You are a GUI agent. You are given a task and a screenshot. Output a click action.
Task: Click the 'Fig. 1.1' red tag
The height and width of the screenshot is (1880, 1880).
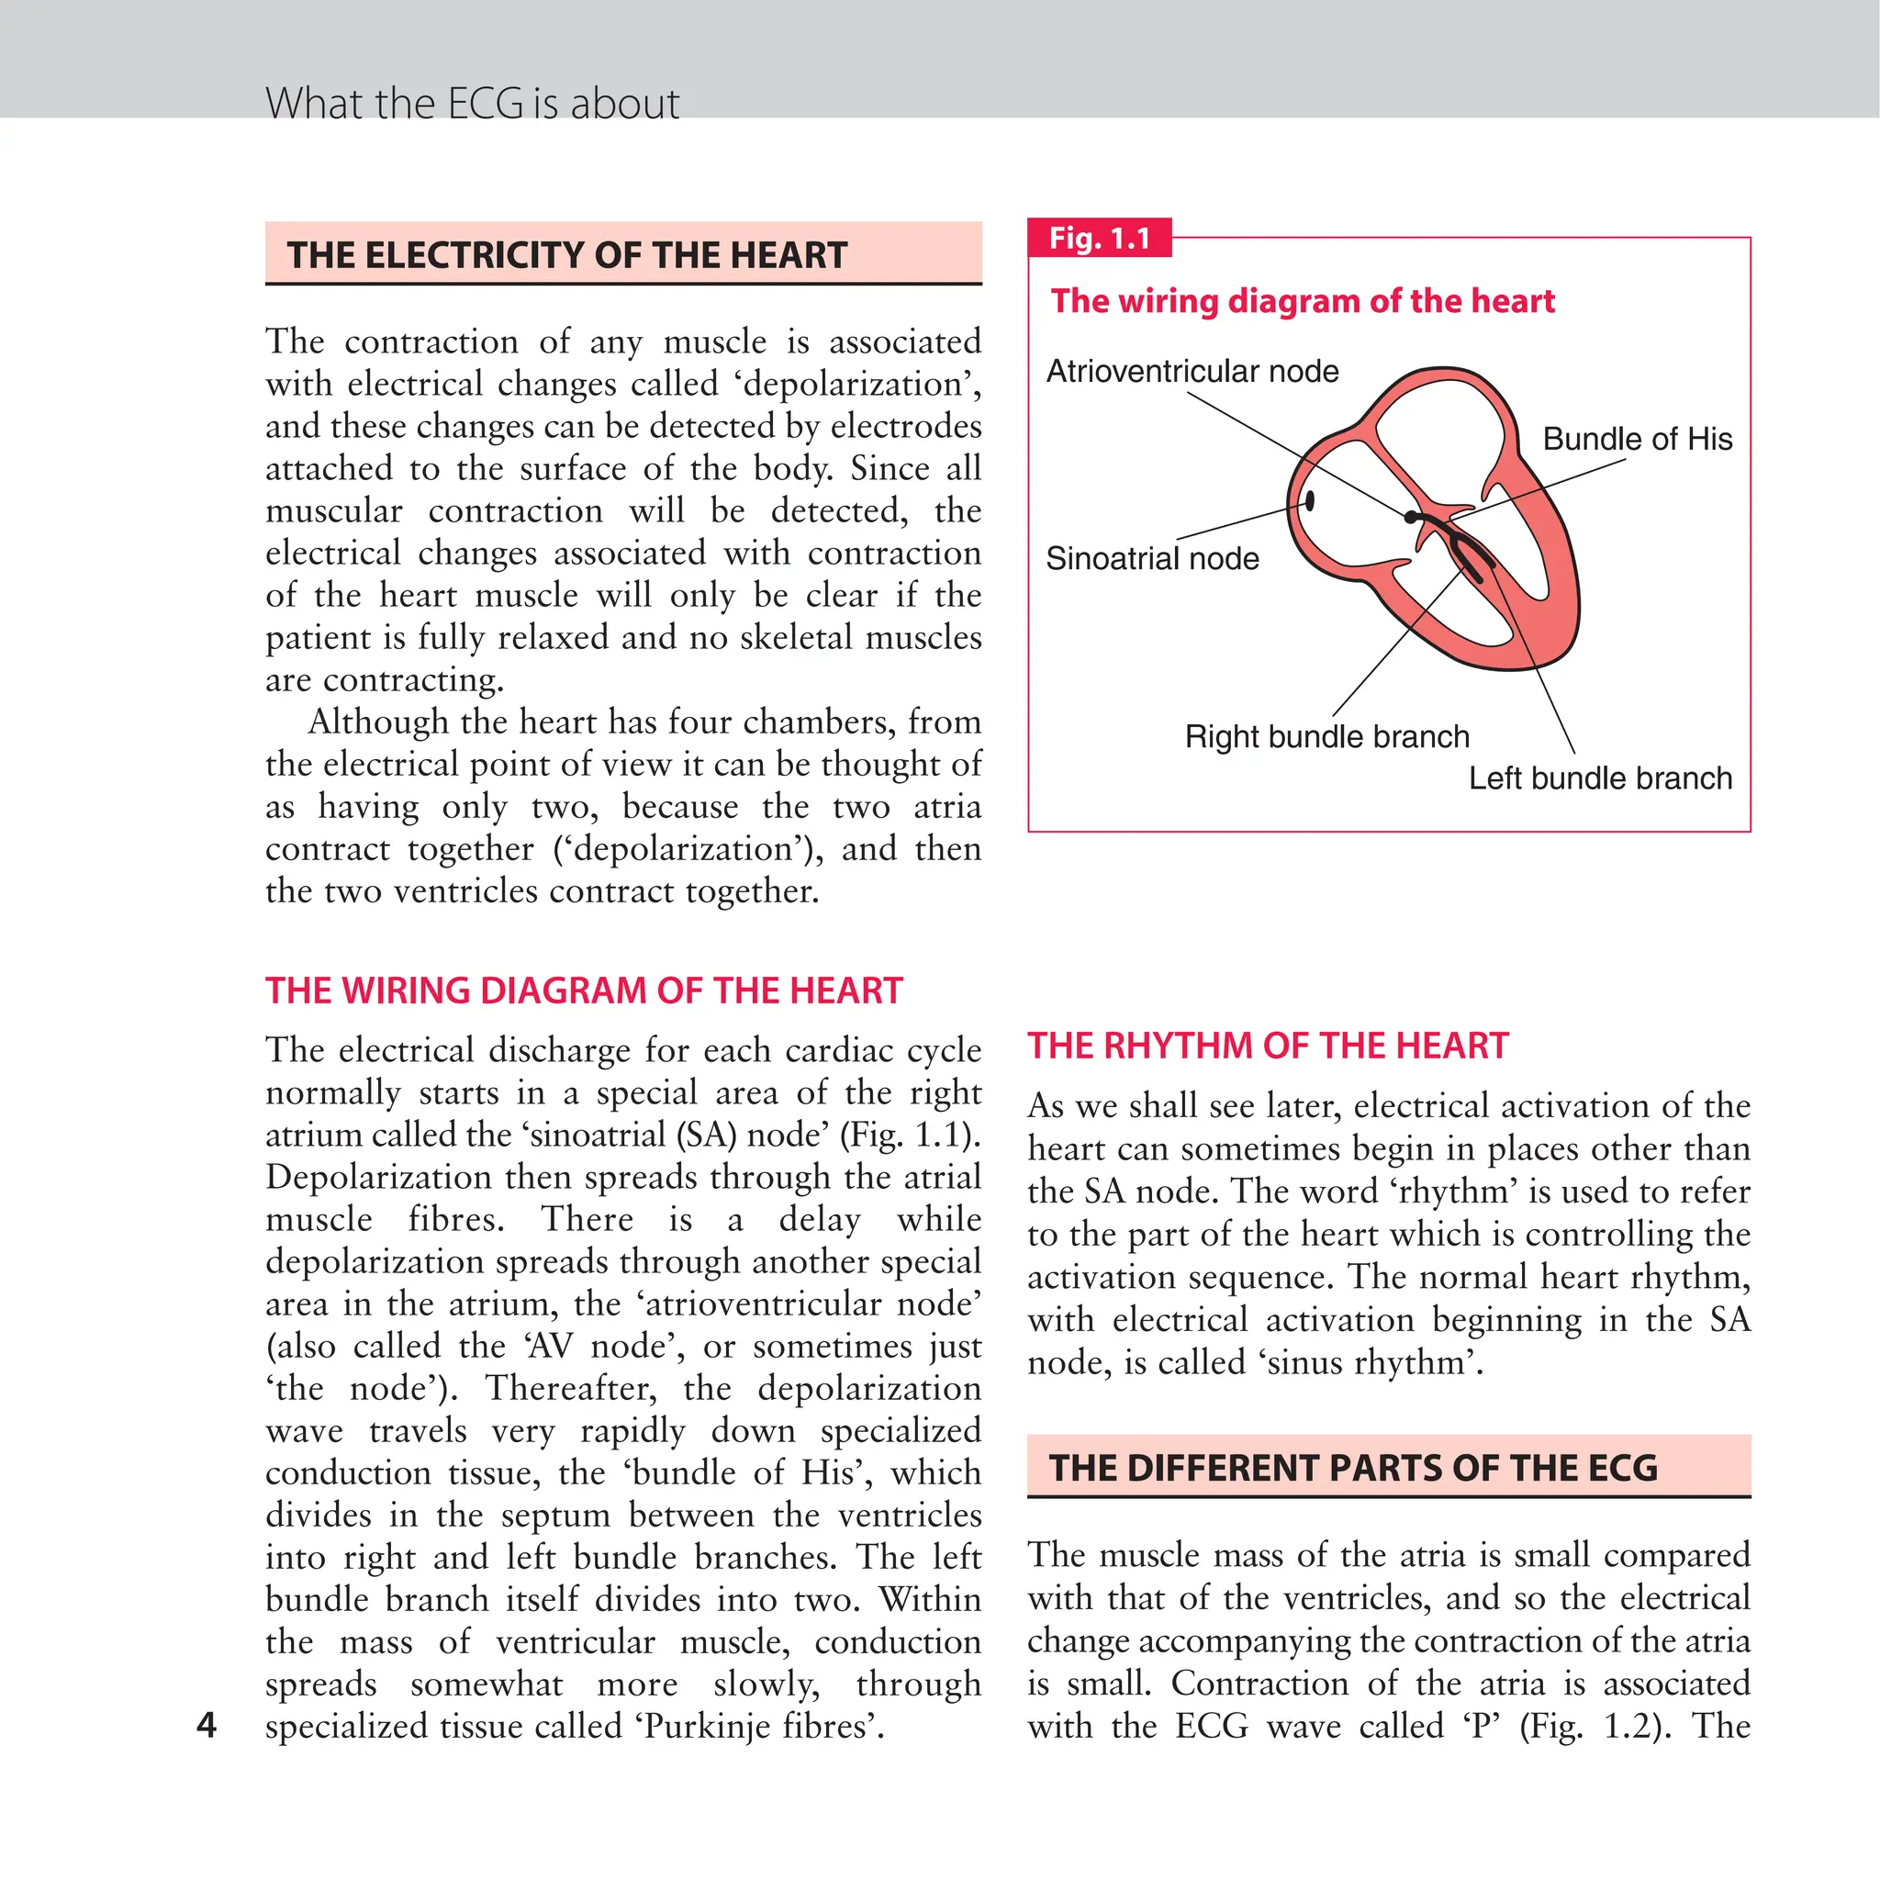click(1100, 239)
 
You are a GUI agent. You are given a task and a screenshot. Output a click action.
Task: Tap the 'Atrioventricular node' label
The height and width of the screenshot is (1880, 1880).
click(1192, 371)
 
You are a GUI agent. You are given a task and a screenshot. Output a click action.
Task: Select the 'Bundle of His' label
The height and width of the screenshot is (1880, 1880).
click(1638, 439)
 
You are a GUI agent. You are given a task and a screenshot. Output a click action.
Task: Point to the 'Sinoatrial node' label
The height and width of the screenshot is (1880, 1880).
click(1152, 558)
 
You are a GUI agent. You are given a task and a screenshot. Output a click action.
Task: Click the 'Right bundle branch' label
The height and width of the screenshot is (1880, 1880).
click(1327, 736)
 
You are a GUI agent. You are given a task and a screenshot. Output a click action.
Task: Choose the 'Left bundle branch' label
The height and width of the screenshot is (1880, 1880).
click(1601, 778)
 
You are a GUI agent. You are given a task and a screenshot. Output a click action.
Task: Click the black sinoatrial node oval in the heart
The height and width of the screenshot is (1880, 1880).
click(1310, 500)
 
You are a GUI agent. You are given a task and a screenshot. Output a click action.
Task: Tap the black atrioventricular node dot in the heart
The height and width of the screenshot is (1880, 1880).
click(1411, 518)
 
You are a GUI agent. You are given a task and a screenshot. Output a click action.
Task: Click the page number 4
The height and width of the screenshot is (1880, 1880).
click(207, 1725)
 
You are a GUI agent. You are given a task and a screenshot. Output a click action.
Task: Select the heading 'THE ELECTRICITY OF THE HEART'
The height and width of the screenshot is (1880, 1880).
click(567, 255)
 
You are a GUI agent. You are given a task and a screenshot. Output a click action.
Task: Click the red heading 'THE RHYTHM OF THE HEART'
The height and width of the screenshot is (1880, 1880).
click(1268, 1046)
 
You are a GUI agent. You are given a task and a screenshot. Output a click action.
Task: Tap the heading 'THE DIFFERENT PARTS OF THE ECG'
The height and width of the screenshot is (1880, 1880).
click(1352, 1468)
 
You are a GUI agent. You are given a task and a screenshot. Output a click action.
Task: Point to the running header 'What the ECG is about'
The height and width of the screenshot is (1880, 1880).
click(472, 103)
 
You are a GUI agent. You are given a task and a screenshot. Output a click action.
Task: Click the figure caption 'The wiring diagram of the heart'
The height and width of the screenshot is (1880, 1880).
click(1302, 301)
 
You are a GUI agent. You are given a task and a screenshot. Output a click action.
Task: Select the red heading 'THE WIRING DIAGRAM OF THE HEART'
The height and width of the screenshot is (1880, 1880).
click(584, 990)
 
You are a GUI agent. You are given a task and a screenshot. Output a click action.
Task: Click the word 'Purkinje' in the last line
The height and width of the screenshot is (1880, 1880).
click(710, 1727)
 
